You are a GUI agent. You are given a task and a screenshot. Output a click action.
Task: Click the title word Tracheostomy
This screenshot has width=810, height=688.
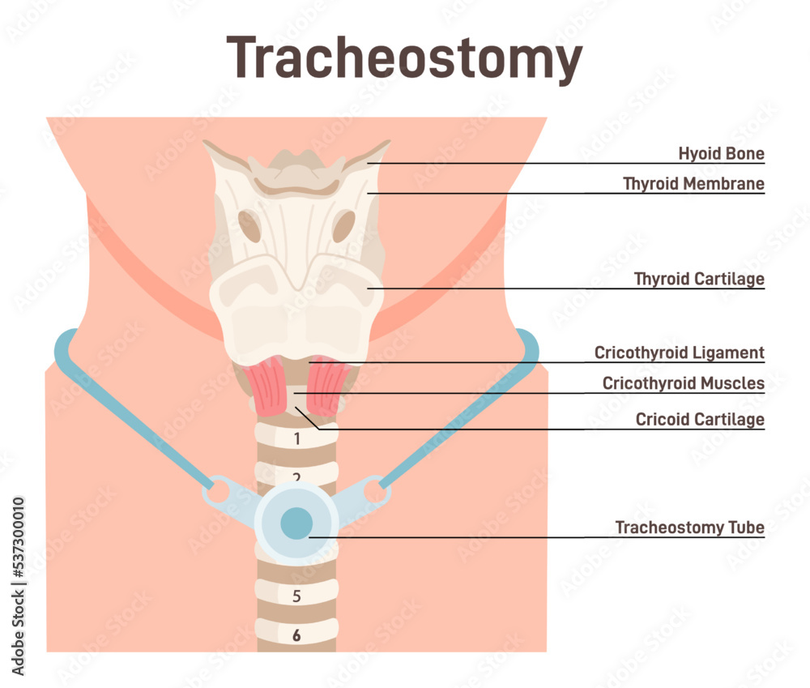pyautogui.click(x=404, y=59)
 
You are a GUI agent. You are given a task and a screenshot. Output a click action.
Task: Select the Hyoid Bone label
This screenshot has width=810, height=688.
pyautogui.click(x=721, y=153)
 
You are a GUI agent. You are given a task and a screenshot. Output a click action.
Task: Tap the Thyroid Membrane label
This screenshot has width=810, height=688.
pyautogui.click(x=693, y=184)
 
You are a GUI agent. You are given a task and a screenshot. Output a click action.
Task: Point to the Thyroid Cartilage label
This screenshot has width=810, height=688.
pyautogui.click(x=699, y=279)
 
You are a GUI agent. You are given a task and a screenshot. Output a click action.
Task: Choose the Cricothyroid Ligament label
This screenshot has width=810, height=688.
pyautogui.click(x=679, y=353)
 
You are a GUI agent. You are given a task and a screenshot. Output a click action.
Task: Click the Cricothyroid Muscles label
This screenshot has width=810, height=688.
pyautogui.click(x=683, y=383)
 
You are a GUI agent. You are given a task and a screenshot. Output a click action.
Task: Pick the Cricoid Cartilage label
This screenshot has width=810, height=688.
pyautogui.click(x=700, y=420)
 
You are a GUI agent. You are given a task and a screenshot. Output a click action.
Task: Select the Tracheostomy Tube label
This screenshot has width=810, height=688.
pyautogui.click(x=689, y=528)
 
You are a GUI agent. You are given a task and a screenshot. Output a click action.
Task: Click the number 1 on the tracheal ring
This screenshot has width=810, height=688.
pyautogui.click(x=296, y=439)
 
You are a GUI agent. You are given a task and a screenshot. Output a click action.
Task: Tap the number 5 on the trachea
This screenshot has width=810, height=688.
pyautogui.click(x=296, y=596)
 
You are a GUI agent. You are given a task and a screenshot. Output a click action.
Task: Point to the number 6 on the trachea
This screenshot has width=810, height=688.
pyautogui.click(x=296, y=635)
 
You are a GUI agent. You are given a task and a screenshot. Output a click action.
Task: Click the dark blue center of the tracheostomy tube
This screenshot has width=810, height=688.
pyautogui.click(x=296, y=523)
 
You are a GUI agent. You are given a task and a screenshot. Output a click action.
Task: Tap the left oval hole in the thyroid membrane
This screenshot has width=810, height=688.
pyautogui.click(x=249, y=226)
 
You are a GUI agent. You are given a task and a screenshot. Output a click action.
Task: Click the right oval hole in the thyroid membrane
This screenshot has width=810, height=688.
pyautogui.click(x=343, y=226)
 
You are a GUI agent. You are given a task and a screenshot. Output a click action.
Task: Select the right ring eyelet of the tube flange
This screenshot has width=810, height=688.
pyautogui.click(x=374, y=489)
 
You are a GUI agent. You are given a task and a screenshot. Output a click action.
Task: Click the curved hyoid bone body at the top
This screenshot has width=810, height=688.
pyautogui.click(x=296, y=186)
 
